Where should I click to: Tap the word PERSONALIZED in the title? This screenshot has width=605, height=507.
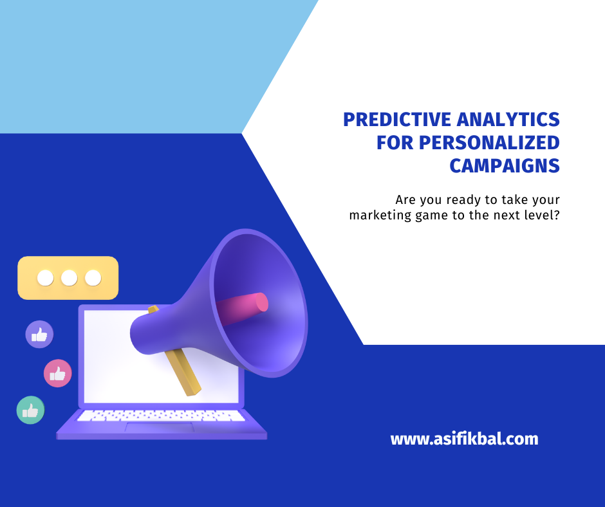tap(489, 142)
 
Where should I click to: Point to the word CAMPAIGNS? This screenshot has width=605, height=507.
tap(504, 165)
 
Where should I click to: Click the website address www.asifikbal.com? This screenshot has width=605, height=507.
tap(464, 439)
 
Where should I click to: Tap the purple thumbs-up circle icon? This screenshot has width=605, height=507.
tap(39, 335)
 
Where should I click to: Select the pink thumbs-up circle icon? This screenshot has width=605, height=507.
tap(57, 373)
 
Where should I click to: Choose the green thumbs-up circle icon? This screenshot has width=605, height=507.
tap(30, 410)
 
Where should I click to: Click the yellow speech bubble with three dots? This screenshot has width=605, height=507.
tap(68, 278)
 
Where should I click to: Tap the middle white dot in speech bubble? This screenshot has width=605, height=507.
tap(69, 278)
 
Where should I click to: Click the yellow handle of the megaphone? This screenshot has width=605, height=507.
tap(183, 373)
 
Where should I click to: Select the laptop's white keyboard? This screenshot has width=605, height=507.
tap(161, 416)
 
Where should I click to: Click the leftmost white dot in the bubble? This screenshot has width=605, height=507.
tap(45, 278)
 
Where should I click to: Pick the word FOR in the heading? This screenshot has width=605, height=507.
tap(395, 142)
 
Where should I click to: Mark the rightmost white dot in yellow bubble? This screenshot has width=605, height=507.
tap(93, 278)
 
